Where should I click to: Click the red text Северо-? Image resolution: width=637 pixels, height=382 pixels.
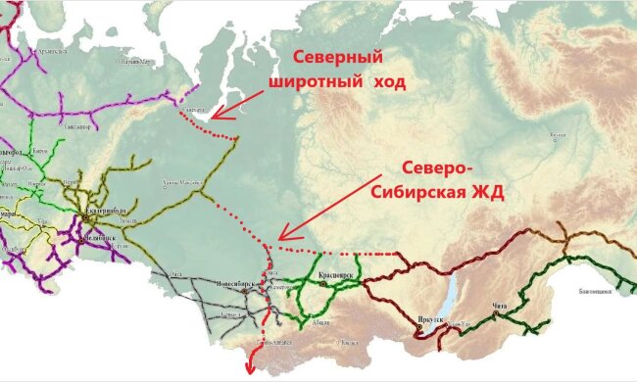[444, 166]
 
